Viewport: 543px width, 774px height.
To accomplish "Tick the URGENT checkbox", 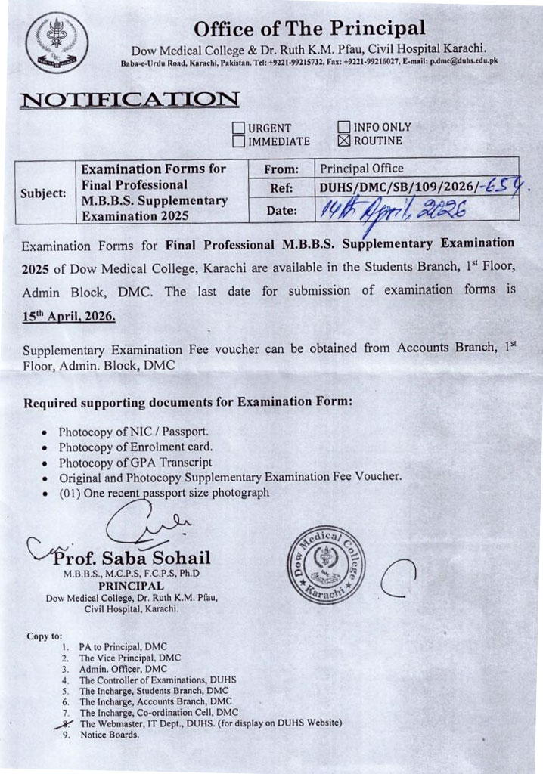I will tap(239, 128).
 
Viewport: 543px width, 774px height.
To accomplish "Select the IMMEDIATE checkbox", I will tap(239, 141).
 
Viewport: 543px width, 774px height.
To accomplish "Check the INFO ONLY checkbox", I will tap(343, 127).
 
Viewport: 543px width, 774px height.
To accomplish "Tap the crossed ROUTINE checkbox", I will tap(343, 140).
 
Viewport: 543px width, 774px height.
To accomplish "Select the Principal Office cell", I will tap(362, 168).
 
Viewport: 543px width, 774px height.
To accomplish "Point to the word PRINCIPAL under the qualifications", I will tap(126, 586).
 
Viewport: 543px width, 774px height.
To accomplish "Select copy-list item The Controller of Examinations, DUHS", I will tap(157, 680).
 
